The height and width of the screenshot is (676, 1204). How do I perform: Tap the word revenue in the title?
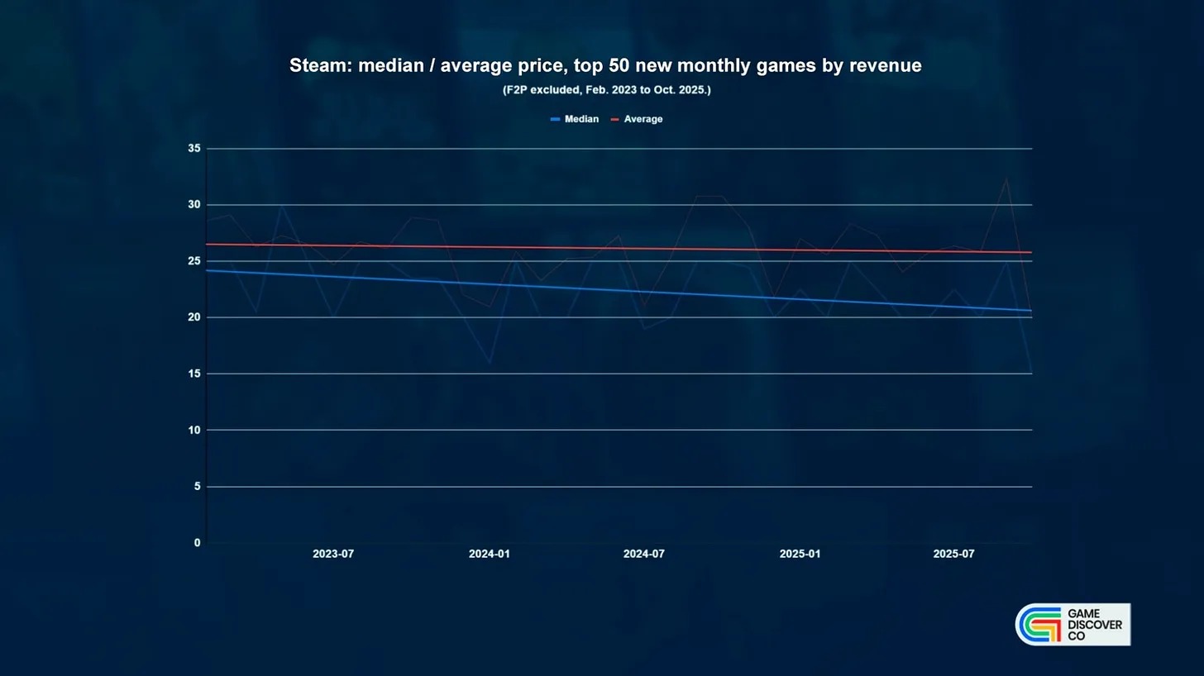885,66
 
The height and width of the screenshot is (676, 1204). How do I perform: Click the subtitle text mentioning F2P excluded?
606,90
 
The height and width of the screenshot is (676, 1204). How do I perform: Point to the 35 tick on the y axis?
194,149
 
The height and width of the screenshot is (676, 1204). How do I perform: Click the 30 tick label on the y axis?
194,205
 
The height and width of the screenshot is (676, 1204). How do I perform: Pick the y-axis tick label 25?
194,261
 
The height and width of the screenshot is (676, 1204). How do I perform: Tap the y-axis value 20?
194,317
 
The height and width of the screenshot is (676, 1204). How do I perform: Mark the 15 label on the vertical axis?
194,374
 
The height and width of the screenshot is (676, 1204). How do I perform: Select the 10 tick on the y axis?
194,431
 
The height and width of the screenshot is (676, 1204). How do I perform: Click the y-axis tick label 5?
197,487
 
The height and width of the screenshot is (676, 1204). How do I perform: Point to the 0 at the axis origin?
197,543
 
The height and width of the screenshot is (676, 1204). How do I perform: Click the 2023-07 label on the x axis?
333,555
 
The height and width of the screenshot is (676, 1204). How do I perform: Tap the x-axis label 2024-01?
490,555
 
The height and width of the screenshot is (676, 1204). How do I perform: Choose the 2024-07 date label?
644,555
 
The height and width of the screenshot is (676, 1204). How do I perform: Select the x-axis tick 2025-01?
800,555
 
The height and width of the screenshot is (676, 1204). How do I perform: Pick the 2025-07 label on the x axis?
953,555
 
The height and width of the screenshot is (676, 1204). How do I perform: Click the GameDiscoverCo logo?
1072,625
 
